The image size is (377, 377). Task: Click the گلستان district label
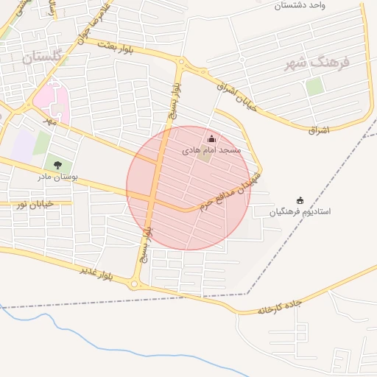[x=40, y=56]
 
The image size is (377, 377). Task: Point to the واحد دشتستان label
[x=300, y=5]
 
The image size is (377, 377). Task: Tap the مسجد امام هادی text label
[x=212, y=150]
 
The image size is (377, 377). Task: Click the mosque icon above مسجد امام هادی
[x=212, y=139]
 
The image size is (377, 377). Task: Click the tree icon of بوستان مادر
[x=58, y=165]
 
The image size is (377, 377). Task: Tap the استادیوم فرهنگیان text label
[x=300, y=211]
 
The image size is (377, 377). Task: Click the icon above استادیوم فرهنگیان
[x=300, y=200]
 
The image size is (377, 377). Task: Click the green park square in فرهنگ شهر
[x=314, y=86]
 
